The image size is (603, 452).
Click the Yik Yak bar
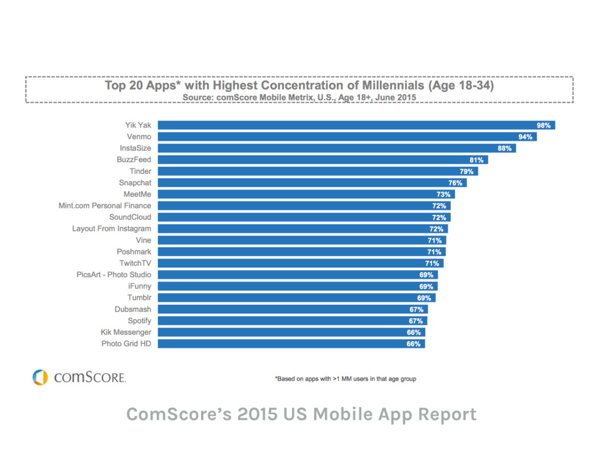[x=356, y=125]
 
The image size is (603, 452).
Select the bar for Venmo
[x=347, y=137]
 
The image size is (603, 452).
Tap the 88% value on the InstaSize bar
[x=505, y=148]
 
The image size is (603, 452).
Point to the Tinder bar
[x=317, y=171]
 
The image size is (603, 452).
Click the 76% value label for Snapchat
[x=455, y=183]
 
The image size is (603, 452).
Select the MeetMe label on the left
[x=137, y=194]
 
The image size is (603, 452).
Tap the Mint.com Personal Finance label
[x=105, y=205]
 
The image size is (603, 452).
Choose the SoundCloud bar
[x=304, y=217]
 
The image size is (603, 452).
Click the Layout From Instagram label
[x=111, y=228]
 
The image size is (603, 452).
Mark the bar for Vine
[x=301, y=240]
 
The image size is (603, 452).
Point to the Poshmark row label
[x=134, y=251]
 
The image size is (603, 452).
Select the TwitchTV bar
[x=300, y=263]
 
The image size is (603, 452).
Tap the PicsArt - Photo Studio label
[x=114, y=274]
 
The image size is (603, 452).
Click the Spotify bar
[x=292, y=321]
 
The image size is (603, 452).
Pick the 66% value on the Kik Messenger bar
[x=413, y=333]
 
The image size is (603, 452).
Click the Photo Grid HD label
[x=126, y=344]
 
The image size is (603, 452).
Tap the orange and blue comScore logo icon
[x=40, y=377]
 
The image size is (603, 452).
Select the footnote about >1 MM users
[x=346, y=378]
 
